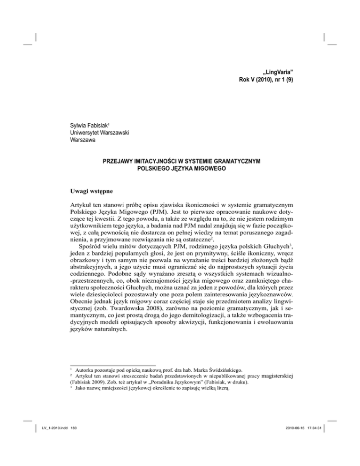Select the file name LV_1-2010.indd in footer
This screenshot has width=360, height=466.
(x=49, y=449)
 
